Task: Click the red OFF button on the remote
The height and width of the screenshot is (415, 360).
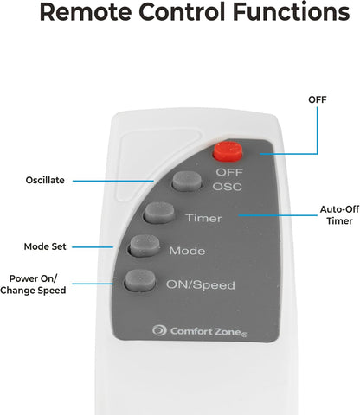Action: point(228,151)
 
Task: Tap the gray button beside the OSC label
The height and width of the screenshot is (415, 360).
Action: point(187,181)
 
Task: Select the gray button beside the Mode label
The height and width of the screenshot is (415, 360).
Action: point(145,246)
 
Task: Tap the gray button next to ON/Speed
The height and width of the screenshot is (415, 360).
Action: point(140,280)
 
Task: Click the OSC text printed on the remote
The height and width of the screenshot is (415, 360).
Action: point(228,187)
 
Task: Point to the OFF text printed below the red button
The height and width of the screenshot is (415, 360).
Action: point(229,172)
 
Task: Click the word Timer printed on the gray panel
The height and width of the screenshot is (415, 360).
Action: point(203,218)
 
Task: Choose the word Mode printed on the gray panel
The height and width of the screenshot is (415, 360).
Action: point(187,251)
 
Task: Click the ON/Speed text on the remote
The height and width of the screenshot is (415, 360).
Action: point(201,285)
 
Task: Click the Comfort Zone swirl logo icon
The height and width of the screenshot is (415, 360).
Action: point(159,330)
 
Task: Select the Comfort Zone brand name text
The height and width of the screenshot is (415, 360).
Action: point(209,332)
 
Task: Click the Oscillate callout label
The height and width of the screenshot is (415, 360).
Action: point(45,180)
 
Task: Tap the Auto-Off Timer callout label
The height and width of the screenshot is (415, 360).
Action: point(339,215)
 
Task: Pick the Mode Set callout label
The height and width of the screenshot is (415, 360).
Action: point(45,246)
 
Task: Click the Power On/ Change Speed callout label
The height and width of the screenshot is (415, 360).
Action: point(33,284)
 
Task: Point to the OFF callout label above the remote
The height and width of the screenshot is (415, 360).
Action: point(318,99)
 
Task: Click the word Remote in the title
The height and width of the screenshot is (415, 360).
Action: point(86,12)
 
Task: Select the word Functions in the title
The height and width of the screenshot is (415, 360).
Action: point(292,12)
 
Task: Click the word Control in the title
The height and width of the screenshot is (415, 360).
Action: point(182,12)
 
